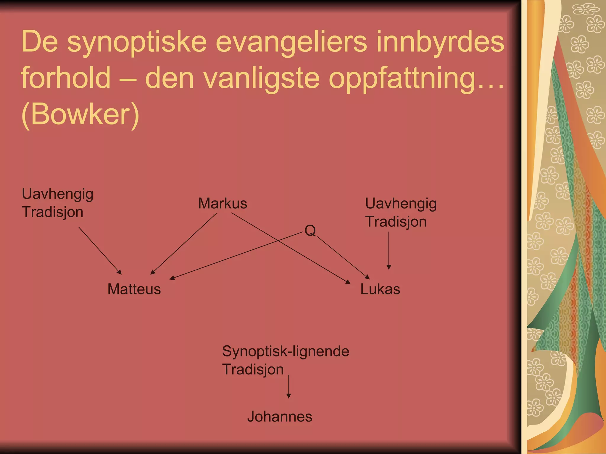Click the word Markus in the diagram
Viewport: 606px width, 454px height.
pyautogui.click(x=223, y=203)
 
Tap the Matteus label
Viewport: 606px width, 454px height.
pyautogui.click(x=134, y=289)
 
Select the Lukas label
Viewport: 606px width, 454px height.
pyautogui.click(x=380, y=289)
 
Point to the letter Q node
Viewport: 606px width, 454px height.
pyautogui.click(x=310, y=231)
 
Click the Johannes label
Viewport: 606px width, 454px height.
pyautogui.click(x=280, y=416)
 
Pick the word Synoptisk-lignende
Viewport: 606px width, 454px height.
pyautogui.click(x=286, y=351)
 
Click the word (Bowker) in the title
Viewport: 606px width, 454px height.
pyautogui.click(x=80, y=114)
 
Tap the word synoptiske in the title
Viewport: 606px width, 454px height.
pyautogui.click(x=137, y=42)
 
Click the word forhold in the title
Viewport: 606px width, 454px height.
pyautogui.click(x=66, y=78)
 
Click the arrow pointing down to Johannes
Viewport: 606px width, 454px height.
pyautogui.click(x=289, y=387)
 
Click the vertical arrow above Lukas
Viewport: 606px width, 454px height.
pyautogui.click(x=389, y=251)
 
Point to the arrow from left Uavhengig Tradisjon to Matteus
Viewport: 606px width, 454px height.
pyautogui.click(x=100, y=251)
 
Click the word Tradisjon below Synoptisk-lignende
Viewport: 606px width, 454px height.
pyautogui.click(x=253, y=369)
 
